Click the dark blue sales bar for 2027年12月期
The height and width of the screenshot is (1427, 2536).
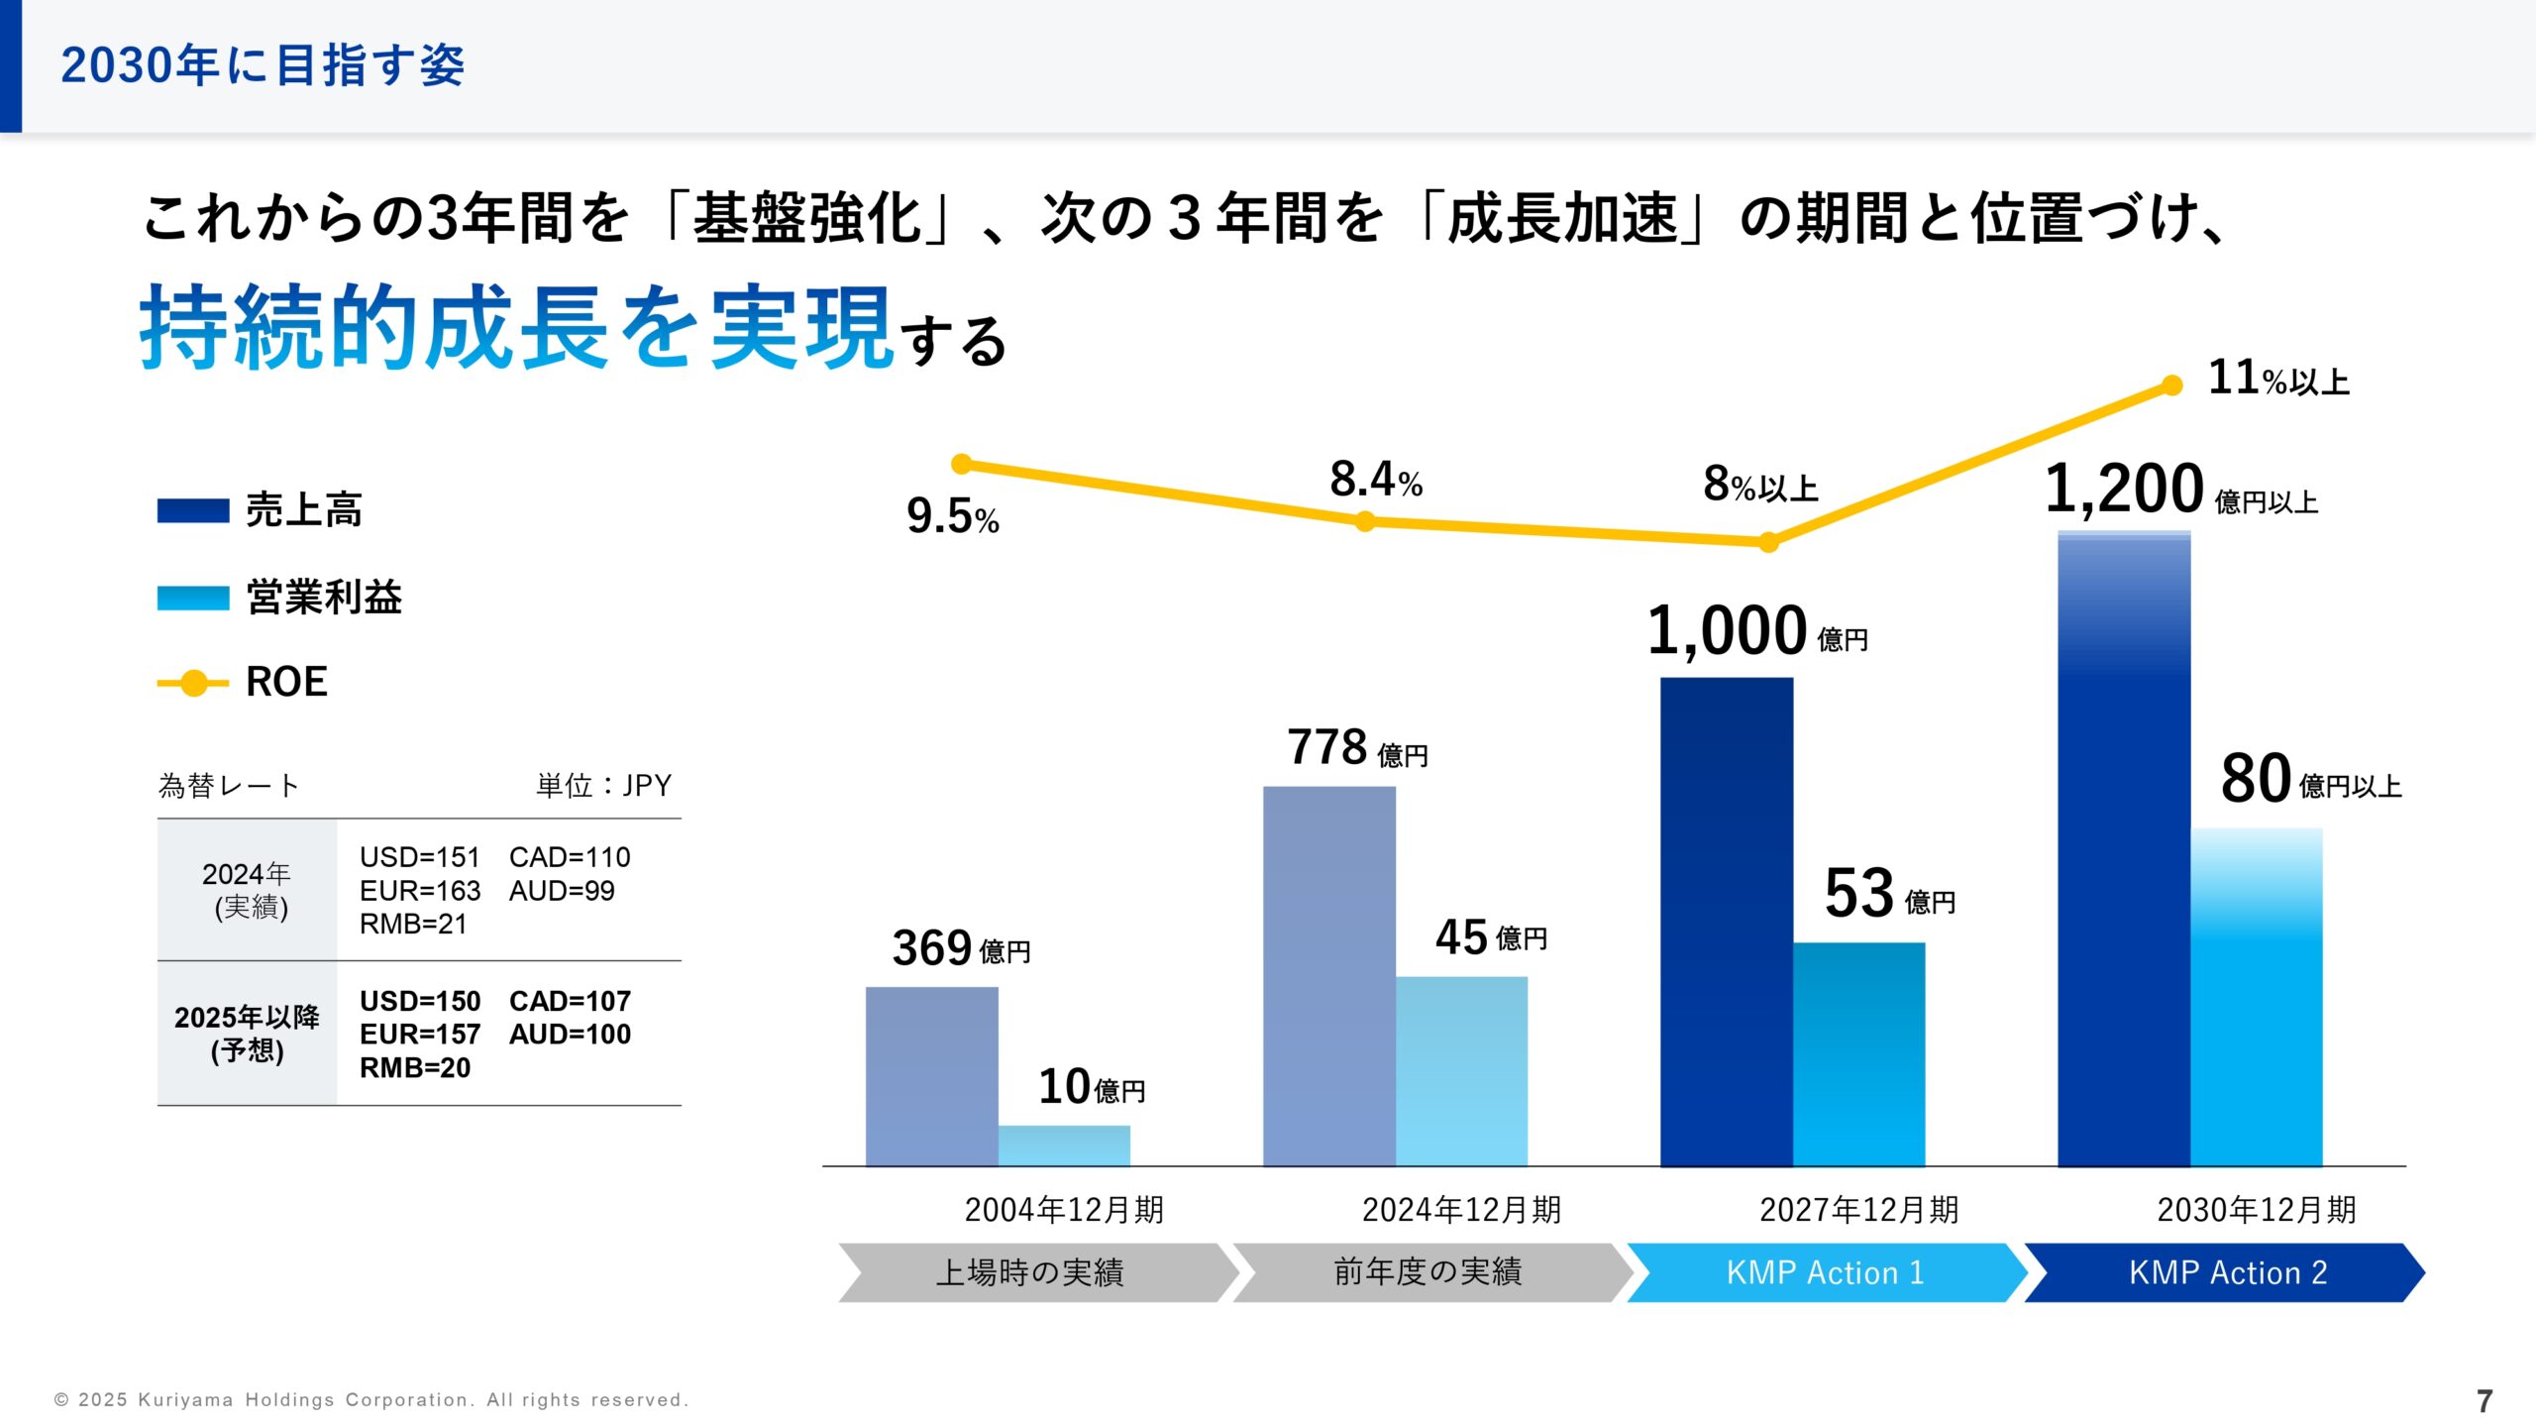(x=1726, y=922)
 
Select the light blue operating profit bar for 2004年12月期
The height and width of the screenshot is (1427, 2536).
(x=1064, y=1146)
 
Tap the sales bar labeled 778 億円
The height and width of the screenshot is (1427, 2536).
(x=1328, y=976)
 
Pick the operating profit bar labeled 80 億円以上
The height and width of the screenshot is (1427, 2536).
(x=2256, y=997)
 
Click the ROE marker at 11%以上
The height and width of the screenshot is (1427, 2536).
(x=2171, y=385)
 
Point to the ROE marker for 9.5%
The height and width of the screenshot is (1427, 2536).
(x=961, y=464)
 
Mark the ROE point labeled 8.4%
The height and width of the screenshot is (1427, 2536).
(x=1365, y=521)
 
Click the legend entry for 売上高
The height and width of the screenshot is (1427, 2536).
(x=260, y=510)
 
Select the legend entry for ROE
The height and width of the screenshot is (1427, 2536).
(x=243, y=683)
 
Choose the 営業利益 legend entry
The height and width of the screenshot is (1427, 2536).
(x=279, y=598)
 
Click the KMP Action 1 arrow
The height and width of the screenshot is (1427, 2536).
(x=1825, y=1272)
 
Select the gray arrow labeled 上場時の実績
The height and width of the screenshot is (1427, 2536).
(x=1030, y=1272)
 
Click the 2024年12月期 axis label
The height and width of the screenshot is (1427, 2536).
(x=1461, y=1210)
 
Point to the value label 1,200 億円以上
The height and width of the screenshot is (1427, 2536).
(x=2179, y=491)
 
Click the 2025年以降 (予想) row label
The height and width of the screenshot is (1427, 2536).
(x=247, y=1034)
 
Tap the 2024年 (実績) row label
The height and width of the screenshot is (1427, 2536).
(x=247, y=890)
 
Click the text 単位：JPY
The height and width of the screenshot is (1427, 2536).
(x=603, y=786)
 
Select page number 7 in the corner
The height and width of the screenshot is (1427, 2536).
(x=2483, y=1400)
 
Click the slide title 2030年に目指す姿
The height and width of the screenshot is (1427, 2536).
(x=263, y=65)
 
